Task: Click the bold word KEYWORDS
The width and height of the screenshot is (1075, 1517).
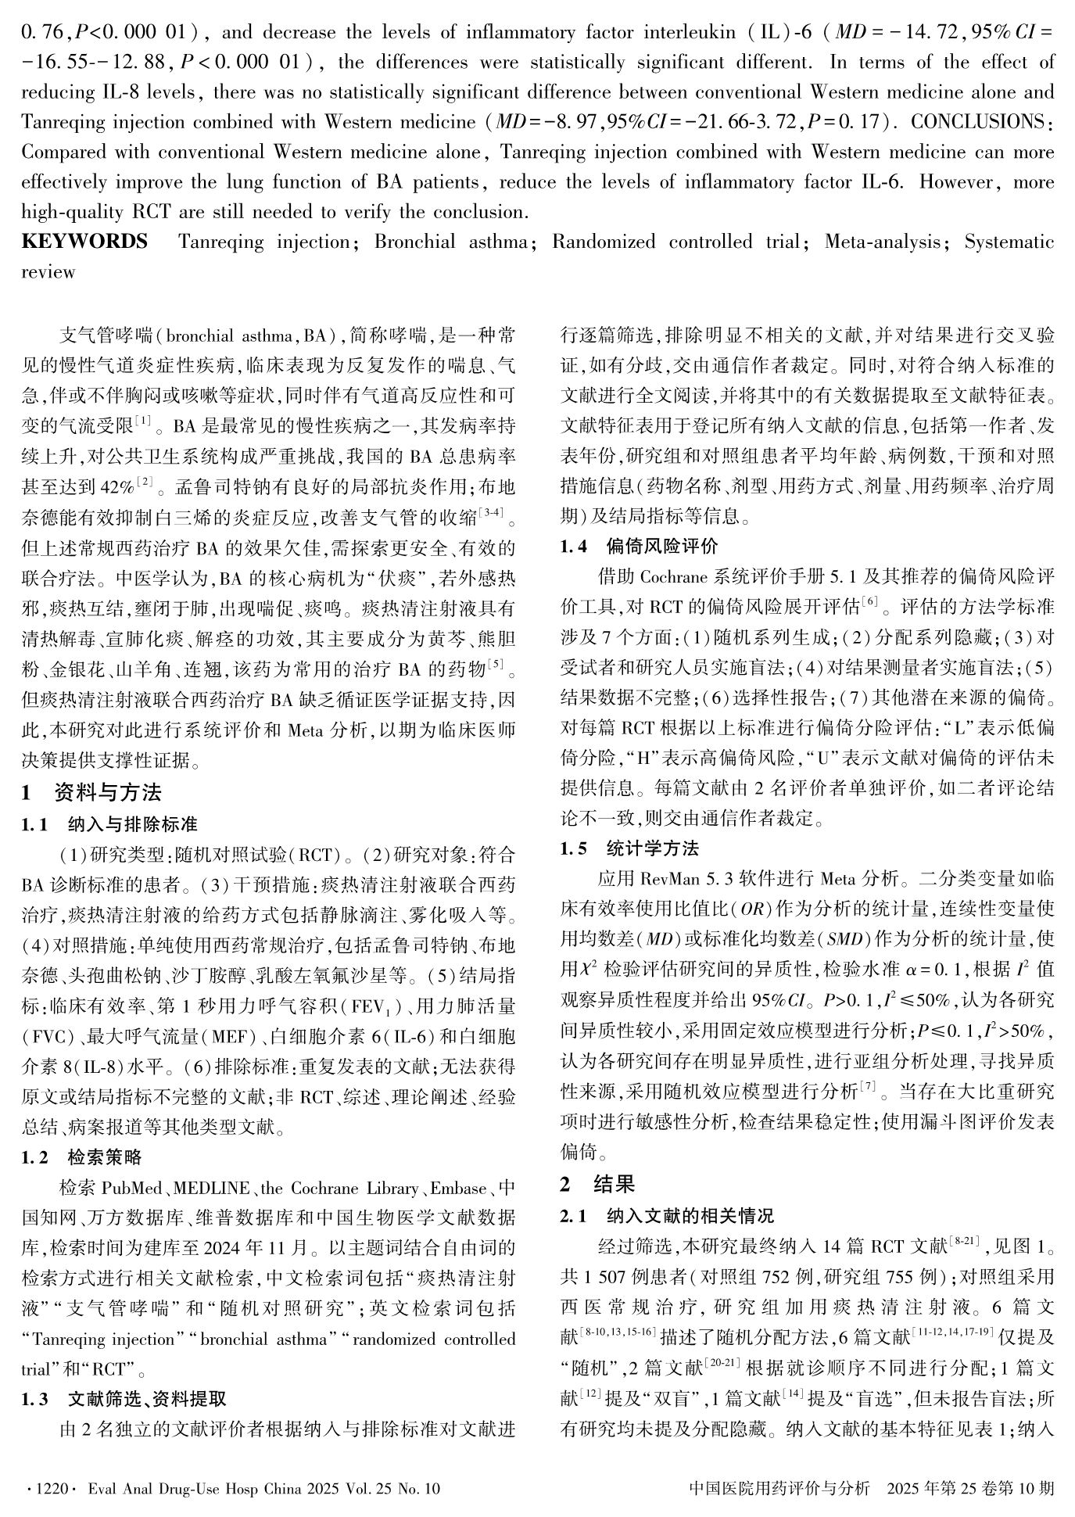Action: (84, 242)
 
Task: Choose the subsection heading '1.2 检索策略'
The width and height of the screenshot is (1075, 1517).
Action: (81, 1157)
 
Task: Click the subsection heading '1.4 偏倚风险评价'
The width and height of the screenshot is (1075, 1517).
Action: (639, 546)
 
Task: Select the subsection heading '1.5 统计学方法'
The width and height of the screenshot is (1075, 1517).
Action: (629, 848)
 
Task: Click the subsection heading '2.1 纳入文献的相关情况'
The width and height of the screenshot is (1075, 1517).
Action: (667, 1216)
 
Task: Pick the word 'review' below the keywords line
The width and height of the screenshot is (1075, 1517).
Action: (48, 272)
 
